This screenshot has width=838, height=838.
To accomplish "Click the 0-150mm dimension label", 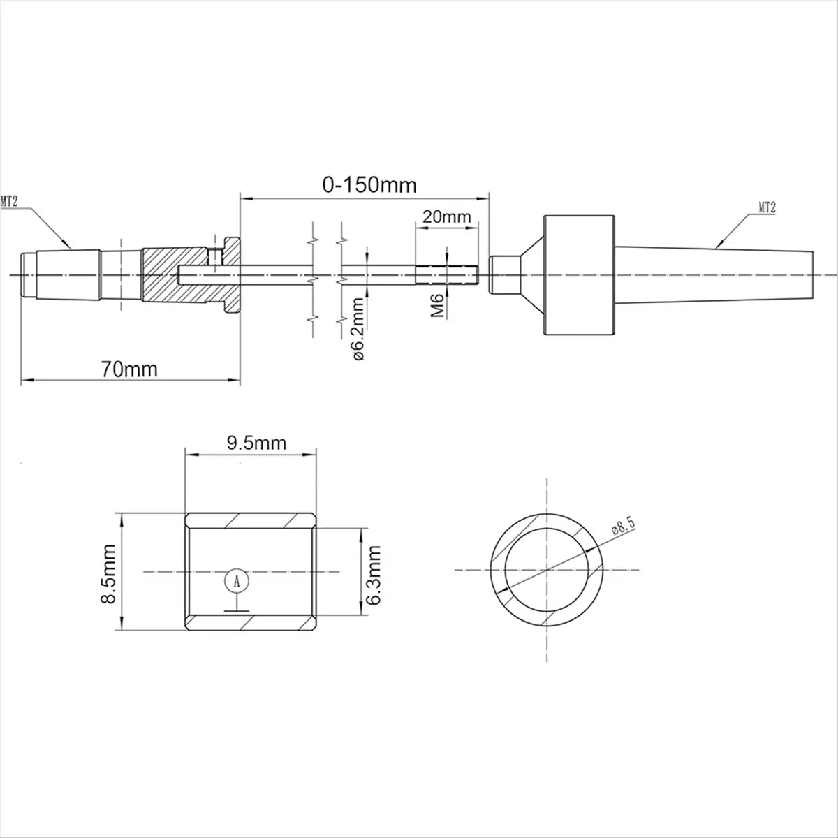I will [369, 185].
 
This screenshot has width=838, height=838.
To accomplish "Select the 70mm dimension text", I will [130, 369].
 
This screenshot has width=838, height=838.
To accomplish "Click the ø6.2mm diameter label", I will [358, 328].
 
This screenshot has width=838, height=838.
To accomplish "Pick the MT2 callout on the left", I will [9, 201].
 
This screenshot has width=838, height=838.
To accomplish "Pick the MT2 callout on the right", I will [767, 207].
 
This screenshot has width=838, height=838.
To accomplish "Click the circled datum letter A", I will [237, 580].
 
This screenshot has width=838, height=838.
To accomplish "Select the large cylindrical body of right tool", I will [580, 275].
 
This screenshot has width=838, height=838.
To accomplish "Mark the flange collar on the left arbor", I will [232, 275].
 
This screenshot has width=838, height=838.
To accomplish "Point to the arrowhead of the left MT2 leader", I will [70, 247].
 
